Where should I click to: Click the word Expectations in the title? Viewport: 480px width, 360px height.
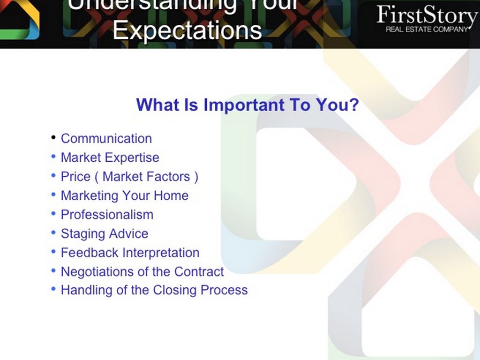[x=187, y=30]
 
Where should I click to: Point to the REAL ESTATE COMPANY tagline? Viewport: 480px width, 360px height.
[x=427, y=30]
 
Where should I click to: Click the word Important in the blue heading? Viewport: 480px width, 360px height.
[x=244, y=105]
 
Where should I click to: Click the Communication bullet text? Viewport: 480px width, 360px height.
[x=106, y=139]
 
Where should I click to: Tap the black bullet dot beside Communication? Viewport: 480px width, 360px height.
[x=53, y=137]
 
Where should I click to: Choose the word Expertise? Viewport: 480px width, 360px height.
[x=132, y=158]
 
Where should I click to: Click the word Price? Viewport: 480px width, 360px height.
[x=75, y=177]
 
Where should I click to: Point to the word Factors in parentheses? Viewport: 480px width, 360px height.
[x=168, y=177]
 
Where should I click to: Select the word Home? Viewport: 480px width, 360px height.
[x=171, y=195]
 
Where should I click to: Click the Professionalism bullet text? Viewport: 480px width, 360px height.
[x=107, y=215]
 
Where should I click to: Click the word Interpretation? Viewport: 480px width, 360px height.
[x=161, y=253]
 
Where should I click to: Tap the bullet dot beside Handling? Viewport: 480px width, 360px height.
[x=53, y=289]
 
